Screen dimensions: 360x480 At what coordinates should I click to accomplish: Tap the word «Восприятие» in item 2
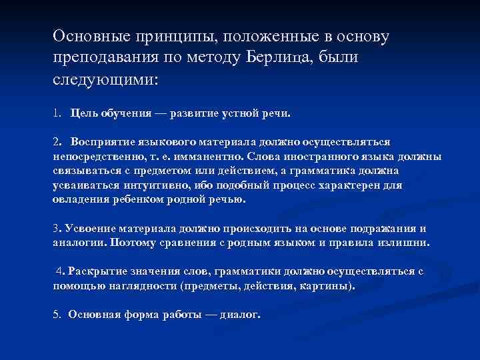[99, 142]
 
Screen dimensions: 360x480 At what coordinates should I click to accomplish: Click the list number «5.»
[57, 315]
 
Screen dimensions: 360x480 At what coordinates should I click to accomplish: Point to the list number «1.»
[57, 113]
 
